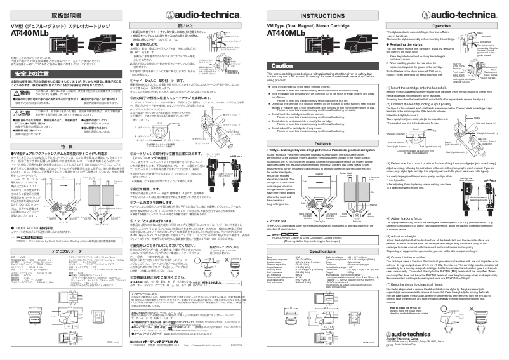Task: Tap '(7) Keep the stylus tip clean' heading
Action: pos(415,283)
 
